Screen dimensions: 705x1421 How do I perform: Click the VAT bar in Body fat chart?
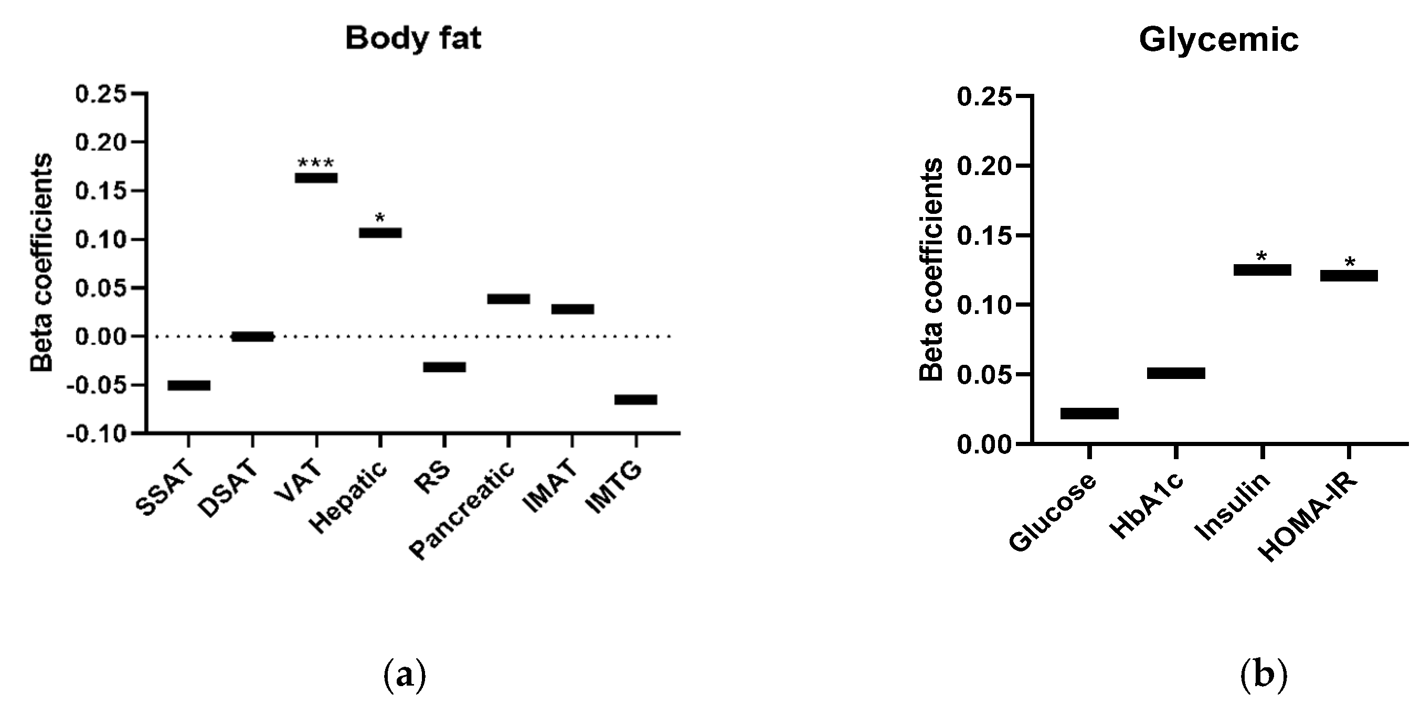316,178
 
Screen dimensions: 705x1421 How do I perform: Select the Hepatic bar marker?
380,233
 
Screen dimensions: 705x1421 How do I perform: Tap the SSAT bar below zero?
189,385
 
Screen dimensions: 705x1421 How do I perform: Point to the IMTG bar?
635,399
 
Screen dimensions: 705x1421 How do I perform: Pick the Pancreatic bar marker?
508,299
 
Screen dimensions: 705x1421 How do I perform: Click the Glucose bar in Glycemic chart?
1089,414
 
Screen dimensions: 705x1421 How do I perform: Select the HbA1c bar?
1176,373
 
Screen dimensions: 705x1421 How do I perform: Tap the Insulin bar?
1262,270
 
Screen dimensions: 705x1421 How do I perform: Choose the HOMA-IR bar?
1349,276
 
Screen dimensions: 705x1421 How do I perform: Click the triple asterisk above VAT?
315,163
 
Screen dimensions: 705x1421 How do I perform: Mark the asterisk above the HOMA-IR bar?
1349,263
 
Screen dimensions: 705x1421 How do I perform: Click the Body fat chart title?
413,39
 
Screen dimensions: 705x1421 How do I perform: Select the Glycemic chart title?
1218,40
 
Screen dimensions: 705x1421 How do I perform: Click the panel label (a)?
405,674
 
